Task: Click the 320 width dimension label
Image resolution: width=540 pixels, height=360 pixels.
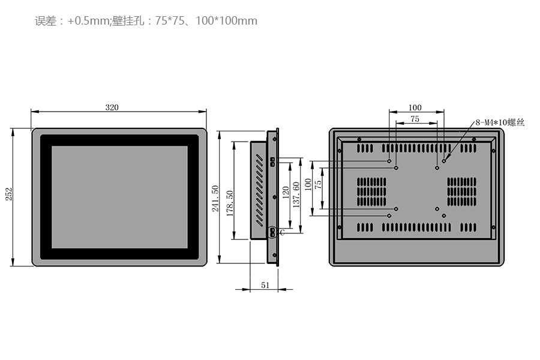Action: point(112,107)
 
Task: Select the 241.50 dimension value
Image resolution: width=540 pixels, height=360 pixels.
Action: point(215,198)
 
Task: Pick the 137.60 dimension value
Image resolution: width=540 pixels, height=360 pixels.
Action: point(296,194)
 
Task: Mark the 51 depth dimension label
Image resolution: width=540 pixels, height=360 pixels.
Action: point(265,286)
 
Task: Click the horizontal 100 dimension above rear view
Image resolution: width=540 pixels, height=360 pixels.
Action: point(415,108)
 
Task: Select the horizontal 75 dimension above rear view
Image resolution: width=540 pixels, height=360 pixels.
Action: point(415,119)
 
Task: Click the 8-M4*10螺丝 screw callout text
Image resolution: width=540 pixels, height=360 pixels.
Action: point(500,122)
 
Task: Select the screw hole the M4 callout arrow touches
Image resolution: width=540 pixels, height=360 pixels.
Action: point(444,161)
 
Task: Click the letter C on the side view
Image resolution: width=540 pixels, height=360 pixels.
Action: point(281,233)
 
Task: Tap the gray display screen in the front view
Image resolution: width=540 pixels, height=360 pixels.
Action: point(119,197)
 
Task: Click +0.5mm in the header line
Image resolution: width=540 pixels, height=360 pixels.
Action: point(88,21)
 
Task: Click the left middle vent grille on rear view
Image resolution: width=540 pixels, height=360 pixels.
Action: point(372,191)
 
